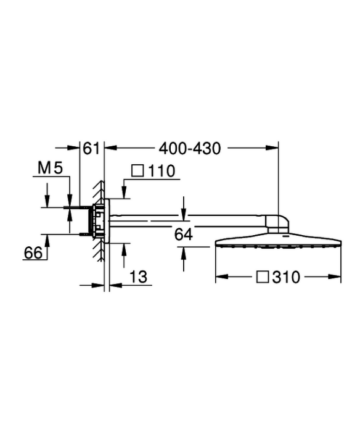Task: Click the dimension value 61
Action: [91, 149]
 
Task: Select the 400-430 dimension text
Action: [190, 149]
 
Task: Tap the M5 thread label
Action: [51, 168]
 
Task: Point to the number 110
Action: [162, 171]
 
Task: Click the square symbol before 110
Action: [137, 171]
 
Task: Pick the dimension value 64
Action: [184, 235]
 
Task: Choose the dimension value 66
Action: [33, 253]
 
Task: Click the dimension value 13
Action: [138, 277]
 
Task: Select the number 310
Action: [286, 277]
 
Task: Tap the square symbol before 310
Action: [262, 276]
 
